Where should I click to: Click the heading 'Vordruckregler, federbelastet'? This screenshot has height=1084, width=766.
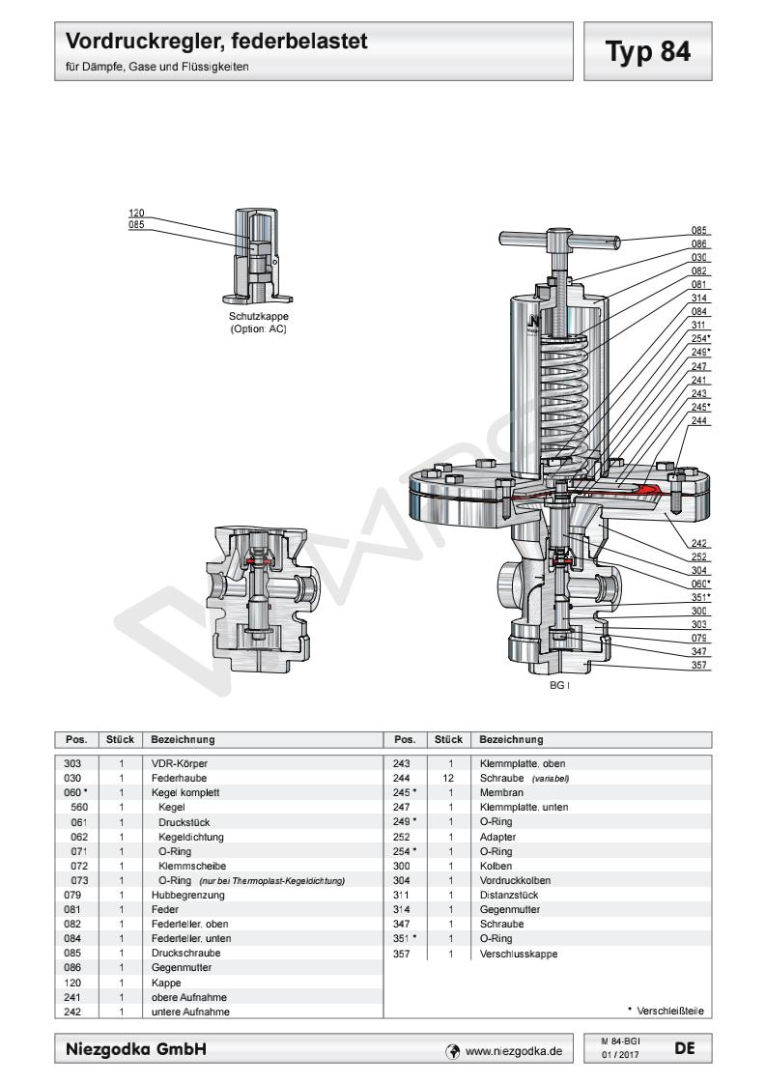[x=216, y=43]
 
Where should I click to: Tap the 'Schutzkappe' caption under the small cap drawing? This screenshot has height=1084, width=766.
[x=258, y=317]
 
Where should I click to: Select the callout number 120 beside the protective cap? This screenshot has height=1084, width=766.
[x=136, y=213]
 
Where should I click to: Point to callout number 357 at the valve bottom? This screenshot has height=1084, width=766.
[x=700, y=666]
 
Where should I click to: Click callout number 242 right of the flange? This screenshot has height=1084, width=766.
[x=700, y=544]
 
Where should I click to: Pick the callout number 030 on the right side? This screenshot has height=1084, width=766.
[x=700, y=258]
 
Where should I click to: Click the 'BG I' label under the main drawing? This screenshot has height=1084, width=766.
[x=560, y=685]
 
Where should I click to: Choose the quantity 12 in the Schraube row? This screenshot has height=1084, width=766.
[x=449, y=778]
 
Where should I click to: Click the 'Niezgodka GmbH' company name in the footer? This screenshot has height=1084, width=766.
[x=134, y=1048]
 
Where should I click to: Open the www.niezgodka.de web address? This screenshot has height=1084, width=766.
[x=513, y=1049]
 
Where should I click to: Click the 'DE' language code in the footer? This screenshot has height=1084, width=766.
[x=684, y=1046]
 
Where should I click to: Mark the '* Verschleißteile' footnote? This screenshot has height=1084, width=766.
[x=665, y=1011]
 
